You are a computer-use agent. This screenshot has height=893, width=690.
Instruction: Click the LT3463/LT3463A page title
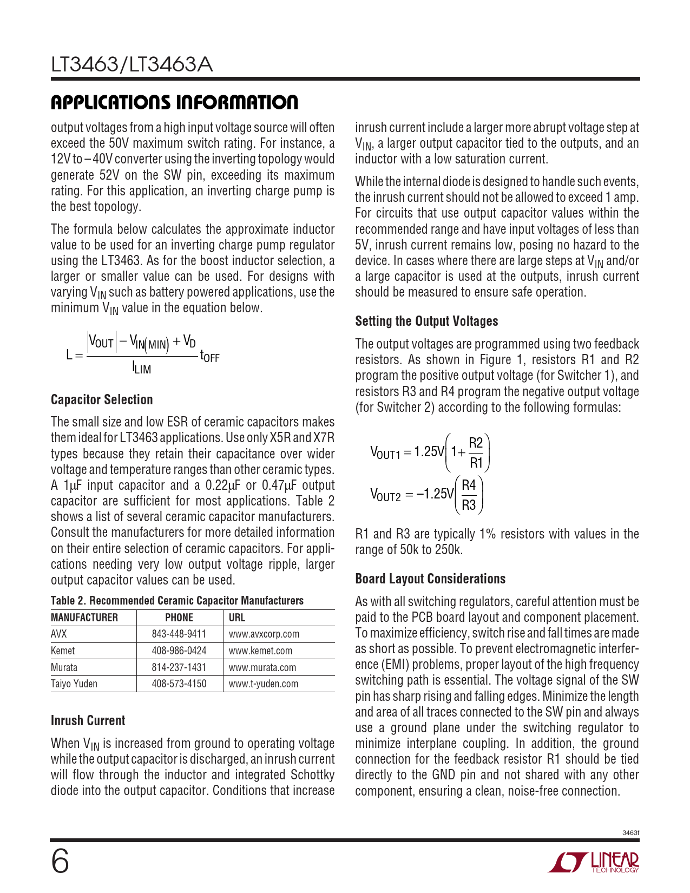[132, 65]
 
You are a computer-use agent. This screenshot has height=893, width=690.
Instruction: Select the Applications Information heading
[174, 102]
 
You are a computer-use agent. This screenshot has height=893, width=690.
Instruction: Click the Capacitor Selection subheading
[102, 399]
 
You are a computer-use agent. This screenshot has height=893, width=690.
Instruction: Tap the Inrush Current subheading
[88, 720]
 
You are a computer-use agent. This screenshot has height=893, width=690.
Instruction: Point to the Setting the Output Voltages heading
[426, 321]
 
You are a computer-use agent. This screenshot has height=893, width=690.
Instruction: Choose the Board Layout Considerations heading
[430, 579]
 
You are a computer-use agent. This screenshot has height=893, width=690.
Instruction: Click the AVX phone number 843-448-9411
[179, 634]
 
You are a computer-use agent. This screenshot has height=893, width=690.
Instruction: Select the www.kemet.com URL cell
[260, 651]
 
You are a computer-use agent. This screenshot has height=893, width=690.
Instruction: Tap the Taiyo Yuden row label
[74, 684]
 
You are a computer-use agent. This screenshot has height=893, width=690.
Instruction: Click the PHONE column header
[179, 618]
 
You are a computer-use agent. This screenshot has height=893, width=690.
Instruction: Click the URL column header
[237, 618]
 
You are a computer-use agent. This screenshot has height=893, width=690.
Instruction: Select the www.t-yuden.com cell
[264, 684]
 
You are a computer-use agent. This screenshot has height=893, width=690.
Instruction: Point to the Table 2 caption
[177, 600]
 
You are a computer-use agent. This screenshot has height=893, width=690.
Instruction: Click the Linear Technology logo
[594, 862]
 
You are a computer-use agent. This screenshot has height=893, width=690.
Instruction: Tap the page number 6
[60, 862]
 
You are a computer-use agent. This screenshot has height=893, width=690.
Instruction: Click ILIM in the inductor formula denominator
[142, 369]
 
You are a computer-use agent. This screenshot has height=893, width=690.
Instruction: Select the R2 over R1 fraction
[476, 452]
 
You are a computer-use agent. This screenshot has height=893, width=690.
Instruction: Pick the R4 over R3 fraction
[469, 495]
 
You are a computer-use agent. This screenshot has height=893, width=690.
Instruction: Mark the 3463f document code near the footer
[630, 832]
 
